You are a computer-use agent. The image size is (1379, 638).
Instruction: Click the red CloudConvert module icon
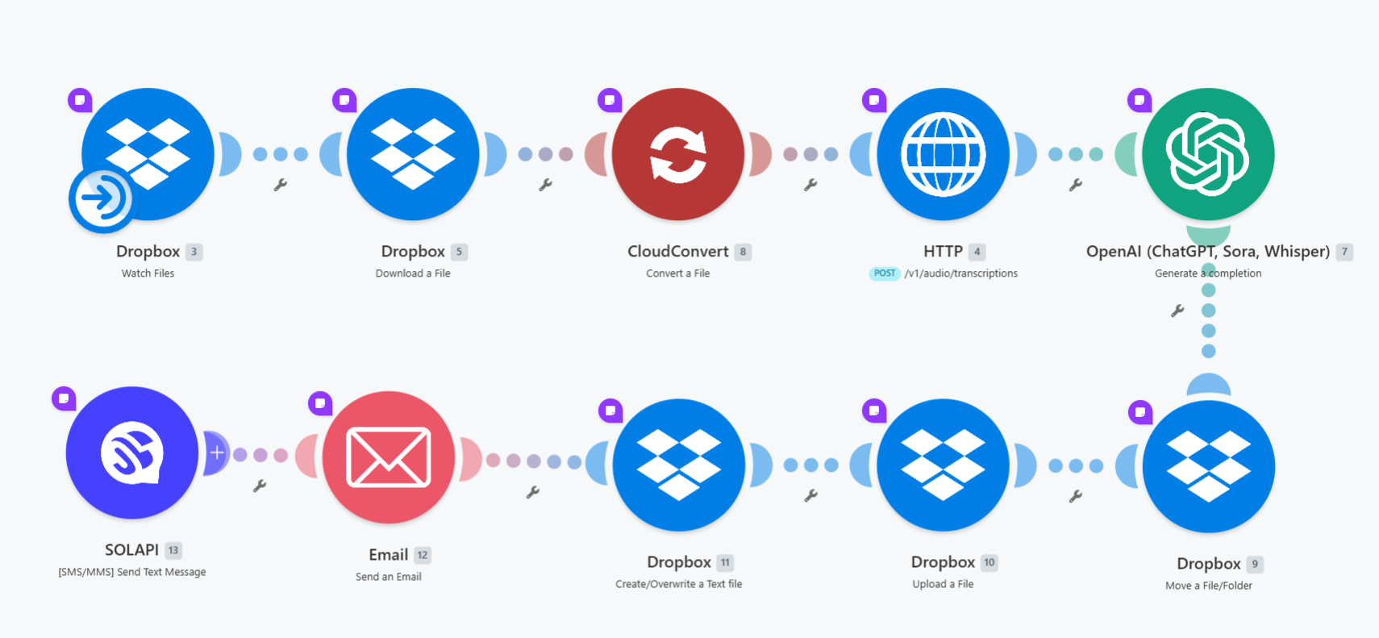677,154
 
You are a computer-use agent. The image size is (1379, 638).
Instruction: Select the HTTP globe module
944,154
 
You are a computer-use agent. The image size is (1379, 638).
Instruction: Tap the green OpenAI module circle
1208,154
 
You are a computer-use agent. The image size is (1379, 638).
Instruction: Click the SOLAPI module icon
131,452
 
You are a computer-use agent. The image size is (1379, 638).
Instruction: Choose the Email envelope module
389,457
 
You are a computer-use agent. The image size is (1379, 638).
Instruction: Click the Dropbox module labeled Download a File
412,154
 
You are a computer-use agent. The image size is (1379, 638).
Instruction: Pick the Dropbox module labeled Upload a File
944,465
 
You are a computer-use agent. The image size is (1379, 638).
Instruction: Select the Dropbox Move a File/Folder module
1209,466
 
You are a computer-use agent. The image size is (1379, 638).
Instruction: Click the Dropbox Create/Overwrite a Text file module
678,465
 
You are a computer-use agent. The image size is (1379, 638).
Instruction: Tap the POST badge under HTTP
885,273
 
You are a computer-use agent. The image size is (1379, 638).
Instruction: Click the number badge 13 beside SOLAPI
173,550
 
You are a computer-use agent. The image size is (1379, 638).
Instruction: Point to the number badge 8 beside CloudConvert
743,252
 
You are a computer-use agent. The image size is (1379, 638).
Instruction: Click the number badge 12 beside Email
423,555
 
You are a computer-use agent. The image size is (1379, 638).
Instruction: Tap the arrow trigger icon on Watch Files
102,199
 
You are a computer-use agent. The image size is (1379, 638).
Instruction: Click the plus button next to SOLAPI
216,452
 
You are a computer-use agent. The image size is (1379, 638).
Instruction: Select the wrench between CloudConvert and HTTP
810,184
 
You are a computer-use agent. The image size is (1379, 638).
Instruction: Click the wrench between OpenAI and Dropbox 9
1177,311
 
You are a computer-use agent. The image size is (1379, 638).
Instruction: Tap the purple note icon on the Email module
320,403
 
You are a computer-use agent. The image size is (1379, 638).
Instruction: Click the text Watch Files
148,273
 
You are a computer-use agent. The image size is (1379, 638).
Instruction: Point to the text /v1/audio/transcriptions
961,273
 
